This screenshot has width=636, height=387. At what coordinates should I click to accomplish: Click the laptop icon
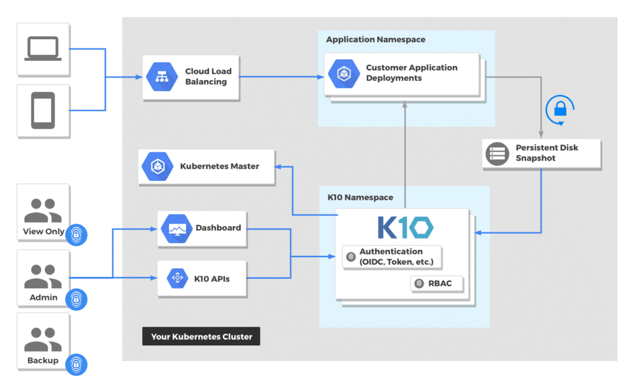43,48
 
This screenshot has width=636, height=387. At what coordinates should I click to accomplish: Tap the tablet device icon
43,111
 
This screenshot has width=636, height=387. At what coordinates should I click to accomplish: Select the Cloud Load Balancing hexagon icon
162,76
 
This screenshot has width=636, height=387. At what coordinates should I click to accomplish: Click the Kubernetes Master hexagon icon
157,166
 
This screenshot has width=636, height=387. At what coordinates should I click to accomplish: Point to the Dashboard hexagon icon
176,229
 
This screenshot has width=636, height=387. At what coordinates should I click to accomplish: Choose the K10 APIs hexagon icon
177,278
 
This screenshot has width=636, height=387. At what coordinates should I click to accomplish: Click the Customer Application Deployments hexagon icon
343,74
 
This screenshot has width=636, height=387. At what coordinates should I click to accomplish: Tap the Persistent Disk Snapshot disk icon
497,154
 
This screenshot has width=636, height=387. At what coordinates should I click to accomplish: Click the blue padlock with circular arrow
560,109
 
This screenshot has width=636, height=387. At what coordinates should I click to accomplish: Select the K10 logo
406,227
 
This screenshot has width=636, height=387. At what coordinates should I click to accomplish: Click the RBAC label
440,283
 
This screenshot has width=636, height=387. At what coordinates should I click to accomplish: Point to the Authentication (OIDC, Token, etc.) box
392,257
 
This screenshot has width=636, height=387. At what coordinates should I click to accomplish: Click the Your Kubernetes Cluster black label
201,336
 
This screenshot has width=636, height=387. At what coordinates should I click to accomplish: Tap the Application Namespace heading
376,39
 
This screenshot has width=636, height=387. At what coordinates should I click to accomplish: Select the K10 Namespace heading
360,197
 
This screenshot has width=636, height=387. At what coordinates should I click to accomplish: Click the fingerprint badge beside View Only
76,234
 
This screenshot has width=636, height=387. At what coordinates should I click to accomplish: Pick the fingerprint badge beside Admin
76,299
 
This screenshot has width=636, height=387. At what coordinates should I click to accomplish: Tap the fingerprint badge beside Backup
76,364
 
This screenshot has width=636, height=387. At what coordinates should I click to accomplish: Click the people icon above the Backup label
43,339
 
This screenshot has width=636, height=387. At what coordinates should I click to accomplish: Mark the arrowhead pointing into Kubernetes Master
278,166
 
